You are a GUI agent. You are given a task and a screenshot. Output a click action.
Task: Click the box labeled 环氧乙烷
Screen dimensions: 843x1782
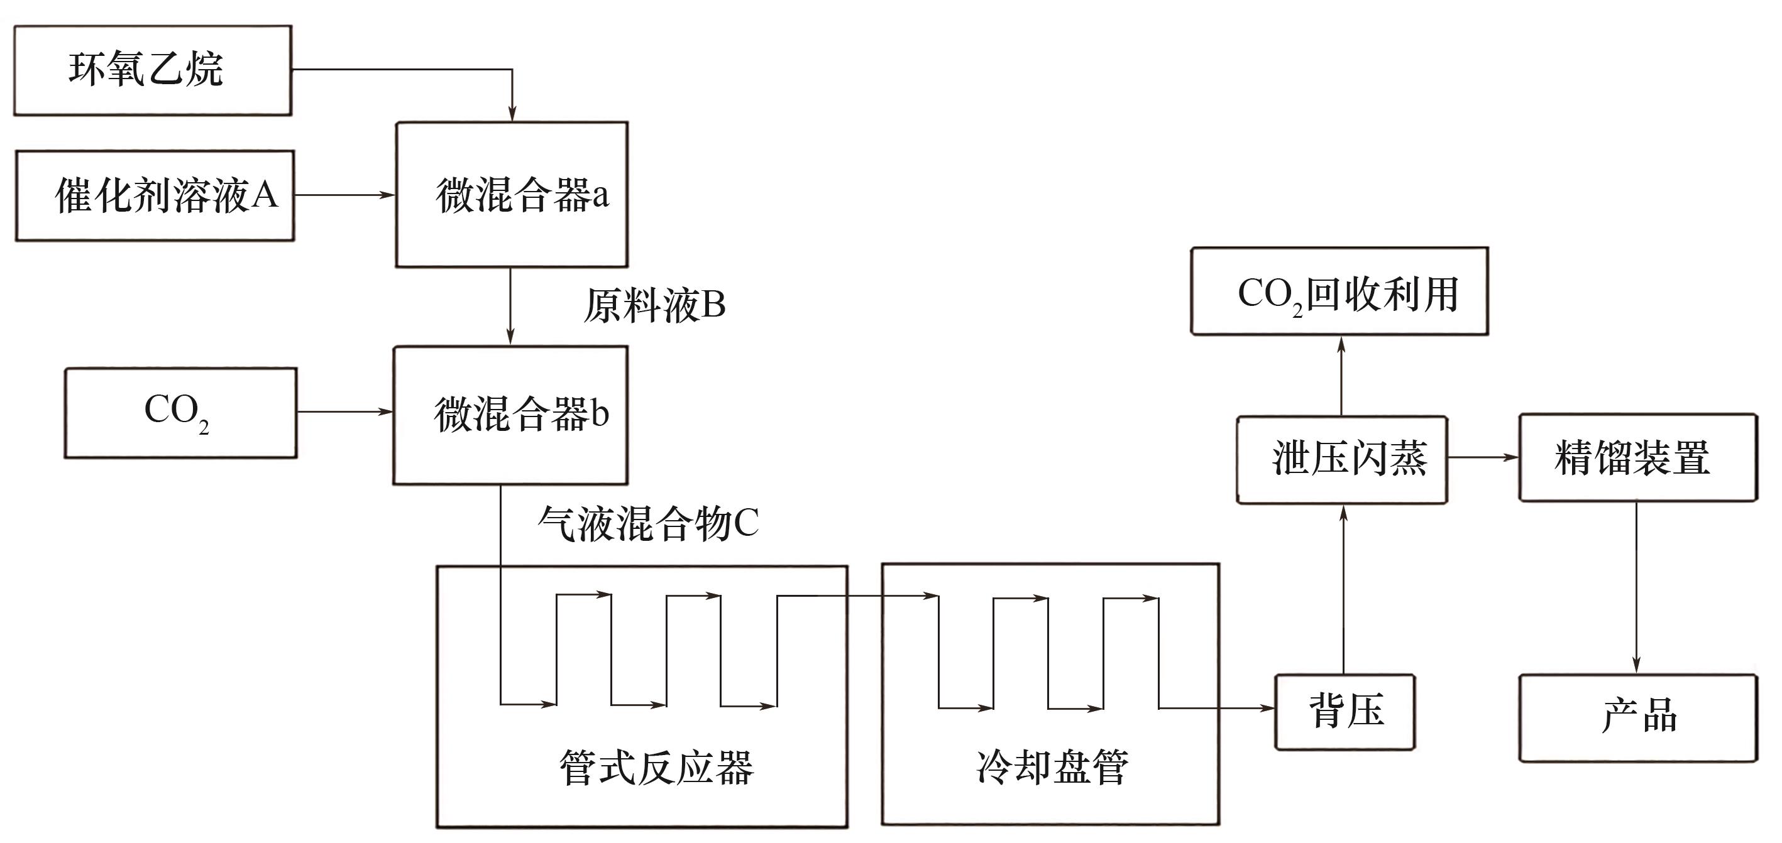[x=152, y=70]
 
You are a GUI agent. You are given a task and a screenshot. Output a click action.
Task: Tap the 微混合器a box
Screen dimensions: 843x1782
[x=511, y=194]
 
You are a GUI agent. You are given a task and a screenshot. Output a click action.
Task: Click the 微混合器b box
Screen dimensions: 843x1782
[x=510, y=414]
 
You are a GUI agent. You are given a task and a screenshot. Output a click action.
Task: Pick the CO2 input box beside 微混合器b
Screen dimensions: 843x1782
[x=180, y=413]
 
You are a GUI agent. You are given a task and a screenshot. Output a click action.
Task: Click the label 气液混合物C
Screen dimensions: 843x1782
[x=648, y=523]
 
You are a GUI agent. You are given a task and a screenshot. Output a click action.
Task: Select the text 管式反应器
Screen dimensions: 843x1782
[x=656, y=767]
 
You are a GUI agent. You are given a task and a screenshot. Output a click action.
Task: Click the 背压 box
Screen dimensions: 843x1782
[x=1345, y=712]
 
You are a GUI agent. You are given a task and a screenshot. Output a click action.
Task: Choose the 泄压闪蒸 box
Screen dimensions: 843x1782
[x=1342, y=459]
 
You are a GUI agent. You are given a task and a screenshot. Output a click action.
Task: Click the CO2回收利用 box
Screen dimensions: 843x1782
[x=1339, y=291]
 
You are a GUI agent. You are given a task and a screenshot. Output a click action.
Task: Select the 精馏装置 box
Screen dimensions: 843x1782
[x=1637, y=457]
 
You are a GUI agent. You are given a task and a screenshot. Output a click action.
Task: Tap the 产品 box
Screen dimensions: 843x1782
[x=1637, y=717]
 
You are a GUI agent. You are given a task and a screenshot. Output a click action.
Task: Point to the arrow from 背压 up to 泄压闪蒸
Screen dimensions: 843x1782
[x=1343, y=588]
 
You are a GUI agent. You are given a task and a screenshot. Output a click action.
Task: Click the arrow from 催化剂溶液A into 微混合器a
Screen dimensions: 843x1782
[x=344, y=195]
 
